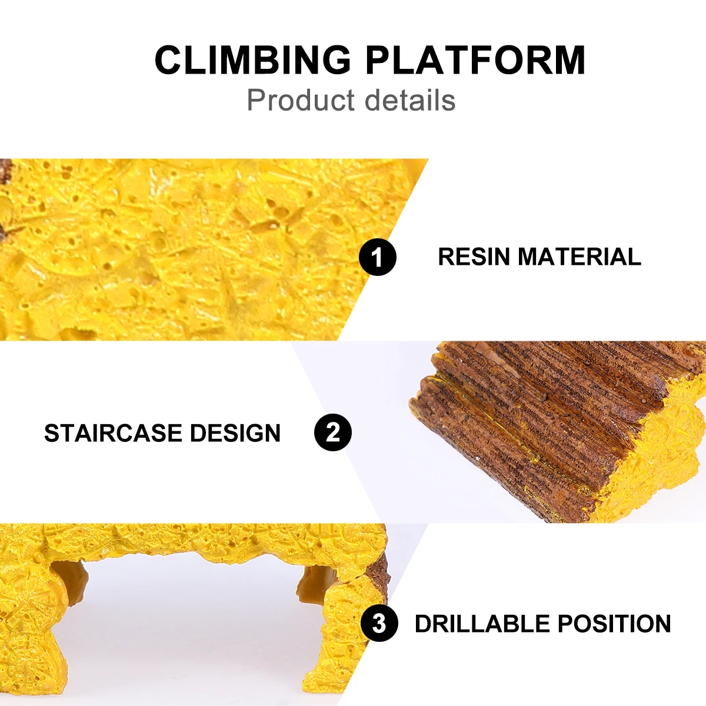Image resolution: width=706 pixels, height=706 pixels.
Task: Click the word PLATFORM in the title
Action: pyautogui.click(x=475, y=60)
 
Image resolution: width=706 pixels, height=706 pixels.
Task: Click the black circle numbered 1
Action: pyautogui.click(x=377, y=257)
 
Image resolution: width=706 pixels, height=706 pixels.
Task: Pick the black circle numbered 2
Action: pyautogui.click(x=332, y=432)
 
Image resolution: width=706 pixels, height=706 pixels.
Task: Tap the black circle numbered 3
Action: pyautogui.click(x=379, y=623)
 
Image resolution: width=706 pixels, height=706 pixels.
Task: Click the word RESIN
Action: pyautogui.click(x=474, y=257)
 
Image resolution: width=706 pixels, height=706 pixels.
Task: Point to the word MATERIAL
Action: pyautogui.click(x=580, y=257)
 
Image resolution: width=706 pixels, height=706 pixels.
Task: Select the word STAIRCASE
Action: pyautogui.click(x=113, y=432)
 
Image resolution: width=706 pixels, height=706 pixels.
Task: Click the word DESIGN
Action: pyautogui.click(x=235, y=432)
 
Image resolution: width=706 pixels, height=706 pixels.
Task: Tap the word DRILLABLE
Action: pyautogui.click(x=482, y=624)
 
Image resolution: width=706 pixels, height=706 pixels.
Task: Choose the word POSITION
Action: pyautogui.click(x=614, y=624)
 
